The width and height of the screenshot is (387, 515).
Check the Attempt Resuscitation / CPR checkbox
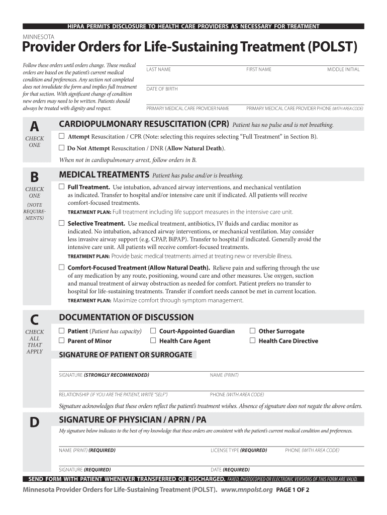click(x=61, y=136)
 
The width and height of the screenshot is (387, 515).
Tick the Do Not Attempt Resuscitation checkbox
click(x=61, y=148)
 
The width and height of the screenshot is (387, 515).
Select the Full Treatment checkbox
click(x=61, y=187)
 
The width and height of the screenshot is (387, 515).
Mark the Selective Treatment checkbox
click(x=61, y=223)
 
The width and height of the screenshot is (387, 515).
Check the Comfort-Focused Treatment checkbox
click(x=61, y=268)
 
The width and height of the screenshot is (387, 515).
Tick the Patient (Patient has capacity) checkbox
click(x=61, y=331)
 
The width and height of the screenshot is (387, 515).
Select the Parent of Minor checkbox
click(x=61, y=340)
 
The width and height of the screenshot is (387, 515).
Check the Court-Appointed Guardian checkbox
click(x=153, y=331)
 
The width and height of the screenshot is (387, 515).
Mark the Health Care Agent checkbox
click(x=153, y=340)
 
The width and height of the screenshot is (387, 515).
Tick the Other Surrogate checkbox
click(x=253, y=331)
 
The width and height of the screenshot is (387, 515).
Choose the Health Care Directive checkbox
click(x=253, y=340)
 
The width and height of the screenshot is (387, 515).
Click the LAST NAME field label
click(x=158, y=69)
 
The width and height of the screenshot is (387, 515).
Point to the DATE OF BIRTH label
click(x=162, y=89)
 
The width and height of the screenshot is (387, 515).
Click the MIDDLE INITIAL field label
click(x=343, y=69)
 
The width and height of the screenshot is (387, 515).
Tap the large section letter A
click(x=34, y=126)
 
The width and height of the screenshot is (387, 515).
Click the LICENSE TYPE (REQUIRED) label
click(x=239, y=450)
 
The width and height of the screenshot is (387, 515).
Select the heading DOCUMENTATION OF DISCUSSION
click(x=126, y=317)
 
